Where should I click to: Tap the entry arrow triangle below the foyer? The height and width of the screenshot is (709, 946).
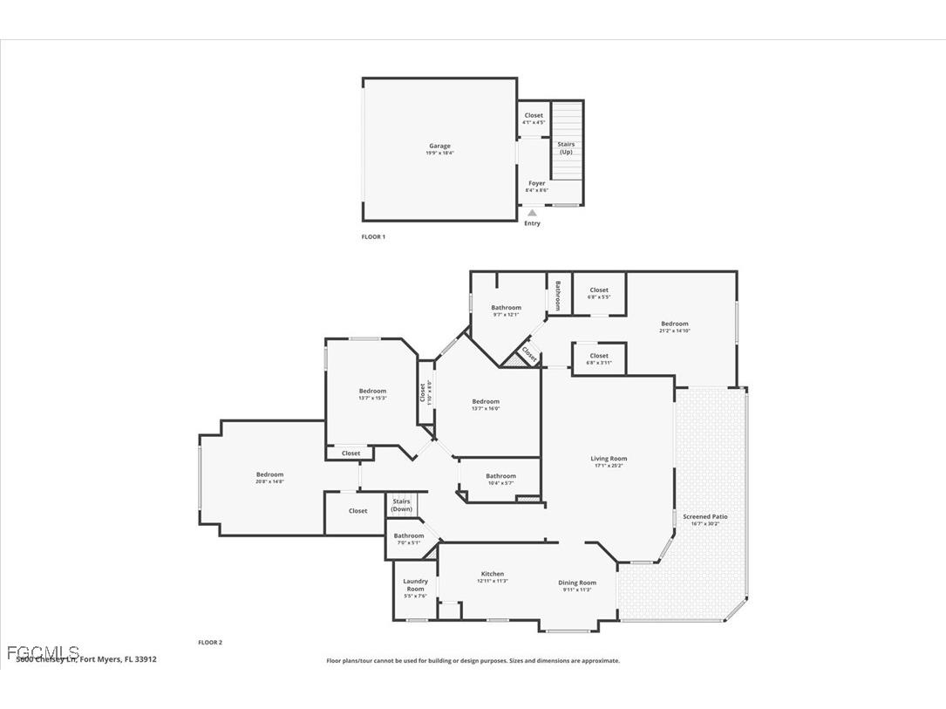(x=532, y=212)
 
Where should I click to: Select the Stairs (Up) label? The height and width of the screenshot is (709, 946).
(x=566, y=147)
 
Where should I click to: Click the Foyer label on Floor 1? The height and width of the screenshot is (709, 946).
(x=536, y=187)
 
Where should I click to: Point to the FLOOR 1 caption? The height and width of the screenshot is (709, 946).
(x=373, y=236)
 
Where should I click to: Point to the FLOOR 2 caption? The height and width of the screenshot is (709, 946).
(x=210, y=642)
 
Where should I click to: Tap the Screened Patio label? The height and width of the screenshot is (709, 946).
(x=704, y=520)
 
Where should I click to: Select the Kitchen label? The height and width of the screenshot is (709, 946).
(x=493, y=576)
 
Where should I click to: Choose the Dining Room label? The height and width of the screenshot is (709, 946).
(x=577, y=585)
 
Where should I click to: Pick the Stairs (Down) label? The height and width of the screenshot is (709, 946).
(x=401, y=505)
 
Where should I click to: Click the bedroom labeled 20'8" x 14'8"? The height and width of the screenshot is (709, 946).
(x=269, y=478)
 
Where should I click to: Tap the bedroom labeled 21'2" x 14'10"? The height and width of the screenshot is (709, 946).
(x=674, y=327)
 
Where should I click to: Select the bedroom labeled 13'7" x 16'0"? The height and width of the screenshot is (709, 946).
(x=486, y=405)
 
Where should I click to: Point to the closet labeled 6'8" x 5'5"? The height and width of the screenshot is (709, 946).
(x=599, y=293)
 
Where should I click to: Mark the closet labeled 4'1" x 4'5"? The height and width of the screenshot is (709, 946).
(x=534, y=119)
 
